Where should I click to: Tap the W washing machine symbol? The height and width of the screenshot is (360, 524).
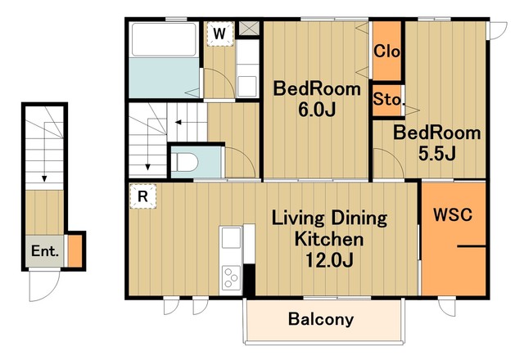[x=219, y=34]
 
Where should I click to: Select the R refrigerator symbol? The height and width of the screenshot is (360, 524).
[x=143, y=196]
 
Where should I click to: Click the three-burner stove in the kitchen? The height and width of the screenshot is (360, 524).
[x=231, y=278]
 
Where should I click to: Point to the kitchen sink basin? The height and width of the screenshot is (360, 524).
[x=231, y=238]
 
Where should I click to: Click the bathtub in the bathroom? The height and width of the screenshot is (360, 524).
[x=164, y=39]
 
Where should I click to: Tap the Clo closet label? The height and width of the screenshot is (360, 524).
[x=386, y=52]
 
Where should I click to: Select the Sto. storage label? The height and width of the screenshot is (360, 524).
[x=387, y=100]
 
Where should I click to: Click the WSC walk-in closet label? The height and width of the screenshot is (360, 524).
[x=453, y=214]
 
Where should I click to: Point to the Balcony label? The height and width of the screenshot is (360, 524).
[x=321, y=319]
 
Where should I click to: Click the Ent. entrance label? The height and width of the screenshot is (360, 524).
[x=45, y=251]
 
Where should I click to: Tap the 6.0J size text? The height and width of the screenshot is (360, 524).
[x=317, y=110]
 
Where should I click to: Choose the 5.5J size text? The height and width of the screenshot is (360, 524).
[x=437, y=154]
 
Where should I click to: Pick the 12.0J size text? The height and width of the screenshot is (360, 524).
[x=329, y=260]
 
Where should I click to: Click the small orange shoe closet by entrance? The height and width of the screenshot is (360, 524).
[x=75, y=251]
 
